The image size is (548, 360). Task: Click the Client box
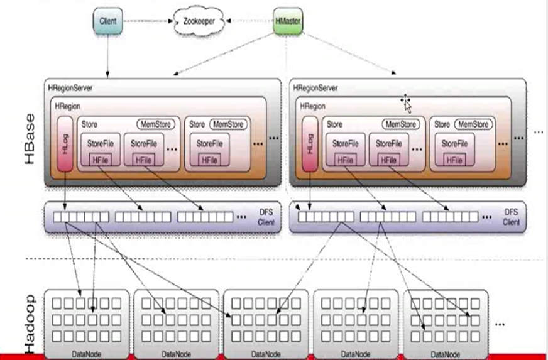pos(108,21)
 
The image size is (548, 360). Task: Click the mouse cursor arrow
pos(407,104)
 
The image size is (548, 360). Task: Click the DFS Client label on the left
pos(266,218)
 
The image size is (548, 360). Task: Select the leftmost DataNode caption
pos(85,354)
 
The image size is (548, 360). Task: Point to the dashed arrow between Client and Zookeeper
pos(146,21)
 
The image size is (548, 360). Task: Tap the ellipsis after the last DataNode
pos(500,324)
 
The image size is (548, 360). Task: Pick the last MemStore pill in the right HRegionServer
pos(473,124)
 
